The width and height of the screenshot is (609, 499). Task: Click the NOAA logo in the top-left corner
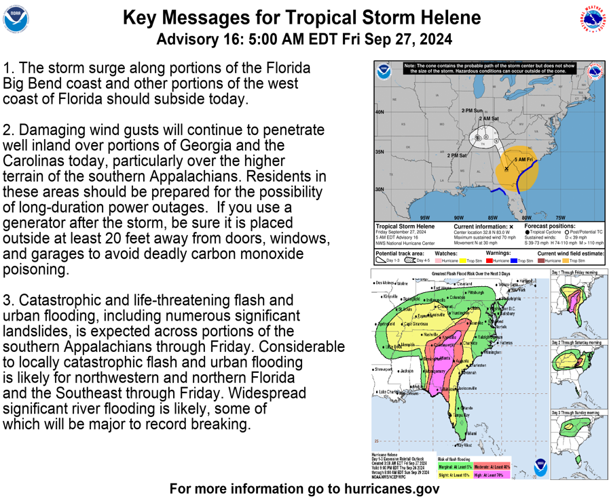pos(16,20)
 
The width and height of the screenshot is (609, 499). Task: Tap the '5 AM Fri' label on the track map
pos(524,159)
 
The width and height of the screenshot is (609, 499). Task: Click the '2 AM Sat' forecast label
pos(488,119)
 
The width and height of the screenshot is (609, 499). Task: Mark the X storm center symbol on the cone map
pos(506,168)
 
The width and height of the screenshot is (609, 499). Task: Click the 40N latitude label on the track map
pos(380,112)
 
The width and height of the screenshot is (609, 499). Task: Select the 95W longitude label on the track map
pos(425,218)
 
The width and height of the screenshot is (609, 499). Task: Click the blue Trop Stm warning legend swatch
pos(513,260)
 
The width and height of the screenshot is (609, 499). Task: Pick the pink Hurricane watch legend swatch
pos(439,260)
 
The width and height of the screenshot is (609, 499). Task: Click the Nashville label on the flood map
pos(430,334)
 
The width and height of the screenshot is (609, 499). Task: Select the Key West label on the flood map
pos(464,445)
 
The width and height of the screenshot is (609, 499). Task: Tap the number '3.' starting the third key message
pos(9,300)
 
